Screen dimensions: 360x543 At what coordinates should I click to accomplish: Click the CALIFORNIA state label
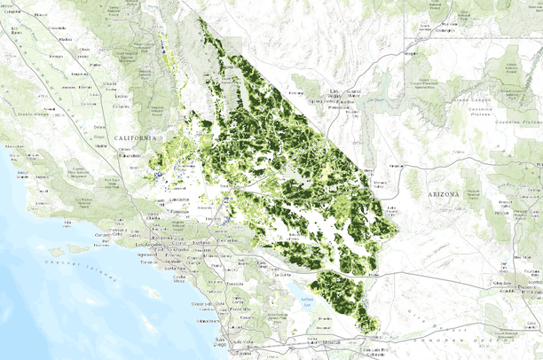[x=135, y=139]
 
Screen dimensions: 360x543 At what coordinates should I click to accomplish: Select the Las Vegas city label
[x=334, y=91]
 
